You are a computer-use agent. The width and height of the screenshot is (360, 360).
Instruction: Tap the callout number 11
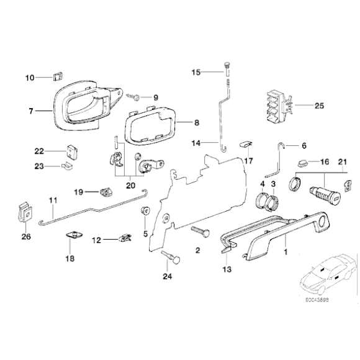point(53,199)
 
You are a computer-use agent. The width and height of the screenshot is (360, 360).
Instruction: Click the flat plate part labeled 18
point(74,235)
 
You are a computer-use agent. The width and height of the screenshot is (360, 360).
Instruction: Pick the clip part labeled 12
point(127,238)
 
